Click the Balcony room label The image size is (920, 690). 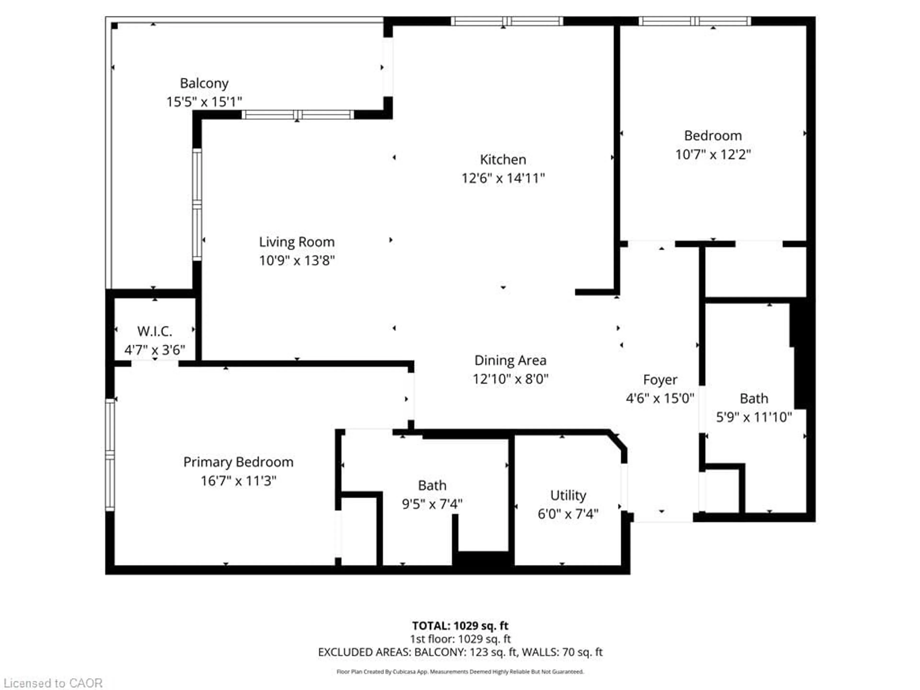pos(204,83)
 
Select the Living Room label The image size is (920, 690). pos(297,242)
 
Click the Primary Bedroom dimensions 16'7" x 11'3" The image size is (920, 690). pos(238,481)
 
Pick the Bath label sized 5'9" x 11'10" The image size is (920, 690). pos(754,398)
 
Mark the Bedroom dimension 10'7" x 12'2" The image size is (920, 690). pos(713,154)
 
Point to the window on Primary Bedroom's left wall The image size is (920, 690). pos(110,454)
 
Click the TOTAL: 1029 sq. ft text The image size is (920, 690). pos(460,626)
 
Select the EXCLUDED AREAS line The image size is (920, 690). pos(460,652)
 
